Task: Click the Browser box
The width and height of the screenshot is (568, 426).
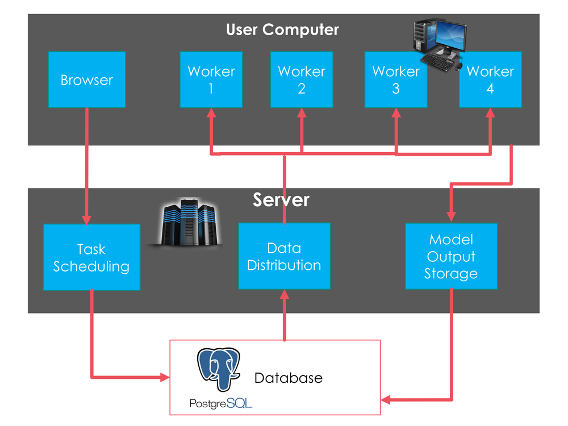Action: pos(86,80)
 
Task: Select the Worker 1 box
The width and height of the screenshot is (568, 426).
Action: pos(211,80)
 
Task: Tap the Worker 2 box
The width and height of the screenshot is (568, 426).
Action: pos(301,80)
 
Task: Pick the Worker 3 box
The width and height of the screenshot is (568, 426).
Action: pos(395,80)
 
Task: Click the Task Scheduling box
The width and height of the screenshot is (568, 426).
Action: pos(91,257)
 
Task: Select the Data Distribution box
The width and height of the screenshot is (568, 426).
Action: pos(284,256)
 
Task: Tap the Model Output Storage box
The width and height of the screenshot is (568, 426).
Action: pos(451,256)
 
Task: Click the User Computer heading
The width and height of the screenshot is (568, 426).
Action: pos(282,30)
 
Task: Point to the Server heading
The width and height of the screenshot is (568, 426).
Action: pos(281,200)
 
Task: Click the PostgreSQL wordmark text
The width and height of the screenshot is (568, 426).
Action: pos(221,403)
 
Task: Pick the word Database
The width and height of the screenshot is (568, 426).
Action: pos(288,378)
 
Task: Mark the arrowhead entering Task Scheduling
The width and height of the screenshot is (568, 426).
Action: pos(87,218)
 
